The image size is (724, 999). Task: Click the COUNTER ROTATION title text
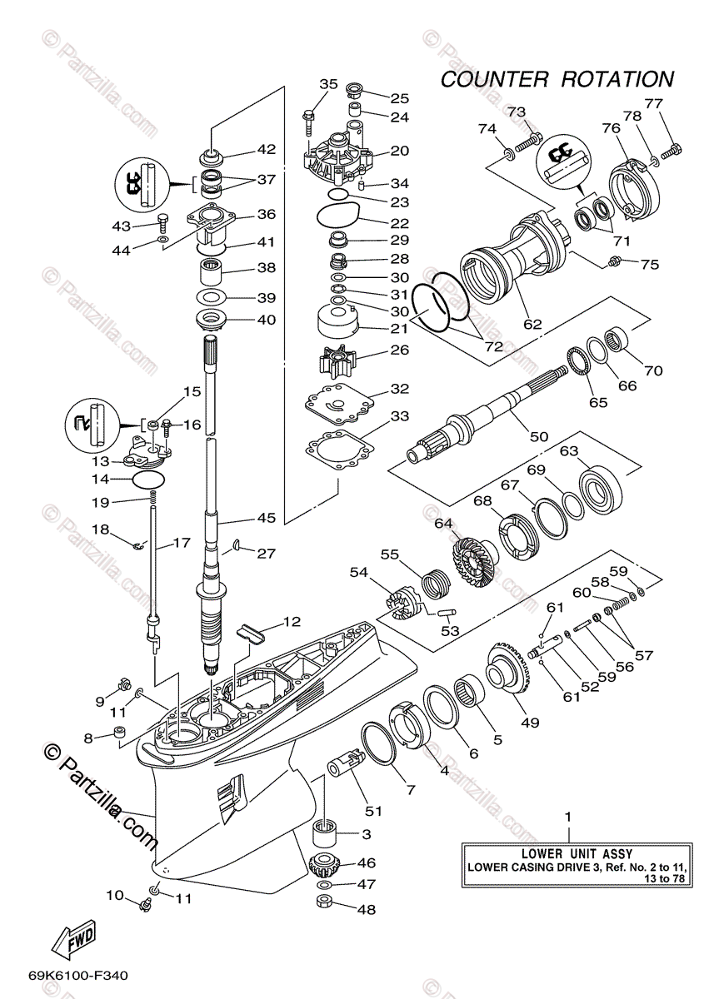click(x=557, y=80)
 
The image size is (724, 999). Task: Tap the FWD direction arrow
click(x=73, y=937)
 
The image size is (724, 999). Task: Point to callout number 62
click(x=532, y=325)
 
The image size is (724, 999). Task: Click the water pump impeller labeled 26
click(x=337, y=361)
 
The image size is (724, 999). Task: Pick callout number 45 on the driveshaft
click(x=265, y=518)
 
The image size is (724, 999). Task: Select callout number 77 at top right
click(x=653, y=104)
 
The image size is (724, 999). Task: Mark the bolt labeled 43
click(x=162, y=223)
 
